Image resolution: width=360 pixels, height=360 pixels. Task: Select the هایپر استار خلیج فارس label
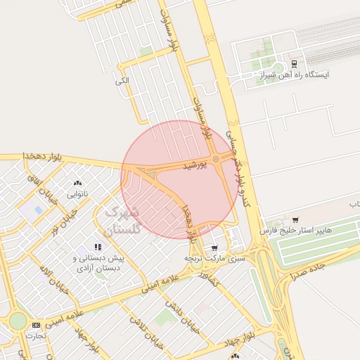[x=295, y=231]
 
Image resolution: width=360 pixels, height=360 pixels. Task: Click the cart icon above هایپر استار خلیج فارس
[x=295, y=220]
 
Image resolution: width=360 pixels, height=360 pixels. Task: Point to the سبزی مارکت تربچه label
[x=214, y=258]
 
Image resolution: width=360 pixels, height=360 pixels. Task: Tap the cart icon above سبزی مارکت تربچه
[x=214, y=247]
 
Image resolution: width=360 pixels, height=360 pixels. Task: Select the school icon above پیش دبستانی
[x=98, y=247]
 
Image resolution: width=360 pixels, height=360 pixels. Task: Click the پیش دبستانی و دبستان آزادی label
[x=98, y=263]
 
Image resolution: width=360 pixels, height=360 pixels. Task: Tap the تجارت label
[x=36, y=335]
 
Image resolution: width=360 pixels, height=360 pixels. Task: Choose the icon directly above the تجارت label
[x=36, y=325]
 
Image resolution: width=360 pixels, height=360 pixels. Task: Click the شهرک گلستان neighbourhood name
[x=122, y=221]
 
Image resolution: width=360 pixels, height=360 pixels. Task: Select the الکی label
[x=122, y=81]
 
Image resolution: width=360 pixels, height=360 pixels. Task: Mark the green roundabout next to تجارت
[x=18, y=322]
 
